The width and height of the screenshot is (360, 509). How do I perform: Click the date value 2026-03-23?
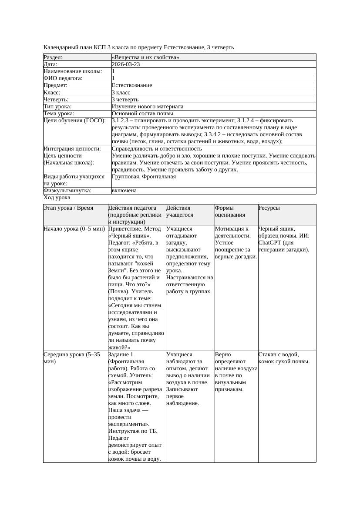126,64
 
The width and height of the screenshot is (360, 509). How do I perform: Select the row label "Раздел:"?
53,57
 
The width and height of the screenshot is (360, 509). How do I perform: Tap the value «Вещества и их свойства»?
145,57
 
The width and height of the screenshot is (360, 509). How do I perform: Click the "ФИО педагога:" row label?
63,78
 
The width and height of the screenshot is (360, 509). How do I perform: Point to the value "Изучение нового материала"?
148,107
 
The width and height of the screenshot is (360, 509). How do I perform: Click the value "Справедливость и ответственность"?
157,149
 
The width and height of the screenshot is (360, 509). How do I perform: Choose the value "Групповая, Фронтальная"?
144,177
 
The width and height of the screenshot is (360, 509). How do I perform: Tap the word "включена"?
124,191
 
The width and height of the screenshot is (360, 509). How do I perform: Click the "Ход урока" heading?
57,198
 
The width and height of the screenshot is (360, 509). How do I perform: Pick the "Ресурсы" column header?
269,208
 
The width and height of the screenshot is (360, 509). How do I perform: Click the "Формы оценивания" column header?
229,211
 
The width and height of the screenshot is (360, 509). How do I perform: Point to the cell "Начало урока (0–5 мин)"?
74,229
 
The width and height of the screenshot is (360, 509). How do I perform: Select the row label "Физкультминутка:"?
67,191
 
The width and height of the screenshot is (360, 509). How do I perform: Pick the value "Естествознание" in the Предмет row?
132,85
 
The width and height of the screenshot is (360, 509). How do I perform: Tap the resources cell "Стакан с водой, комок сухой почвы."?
283,358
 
